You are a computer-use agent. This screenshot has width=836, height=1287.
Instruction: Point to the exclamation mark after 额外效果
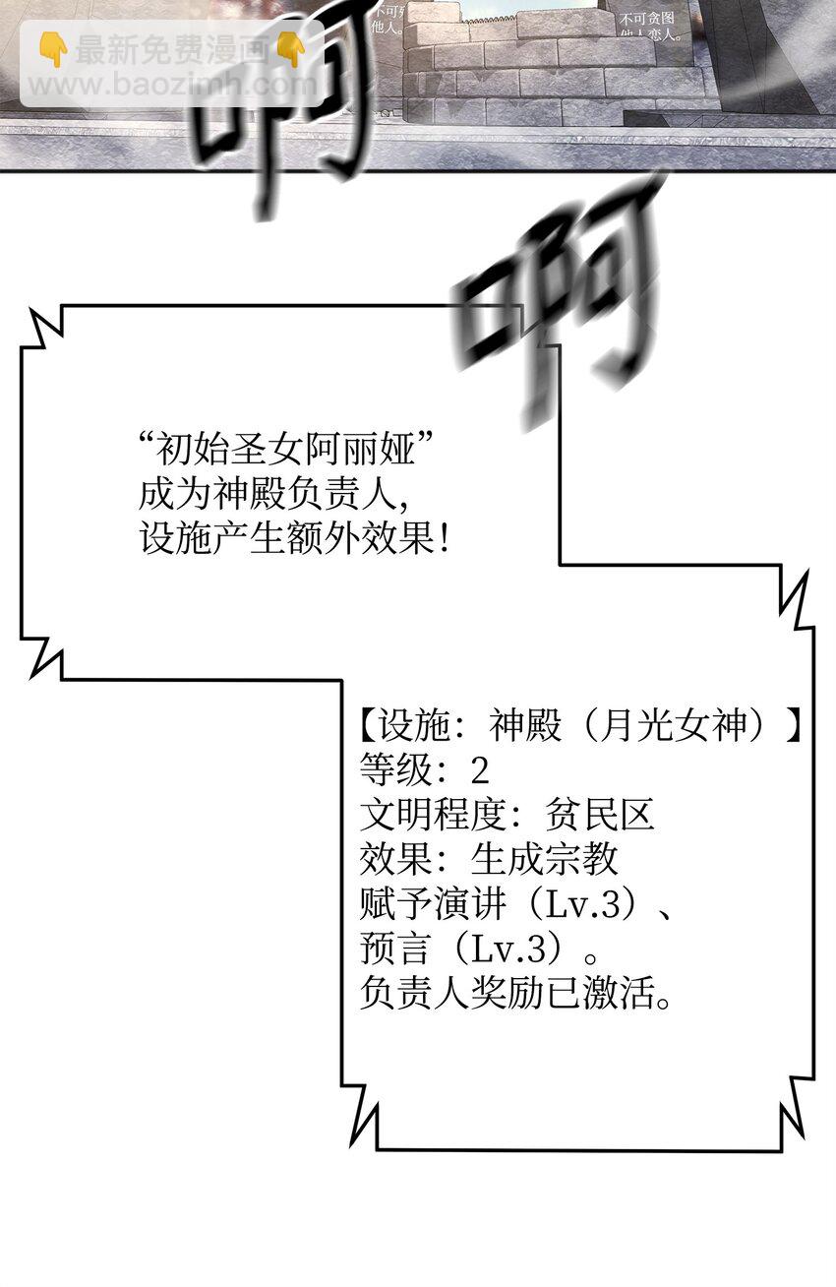tap(446, 538)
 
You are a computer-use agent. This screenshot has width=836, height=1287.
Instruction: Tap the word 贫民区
tap(599, 814)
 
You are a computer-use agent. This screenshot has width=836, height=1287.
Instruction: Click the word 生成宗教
tap(544, 858)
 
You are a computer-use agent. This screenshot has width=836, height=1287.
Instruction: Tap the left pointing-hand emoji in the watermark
tap(53, 50)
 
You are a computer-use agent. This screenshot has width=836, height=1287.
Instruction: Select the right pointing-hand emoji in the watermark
tap(292, 50)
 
